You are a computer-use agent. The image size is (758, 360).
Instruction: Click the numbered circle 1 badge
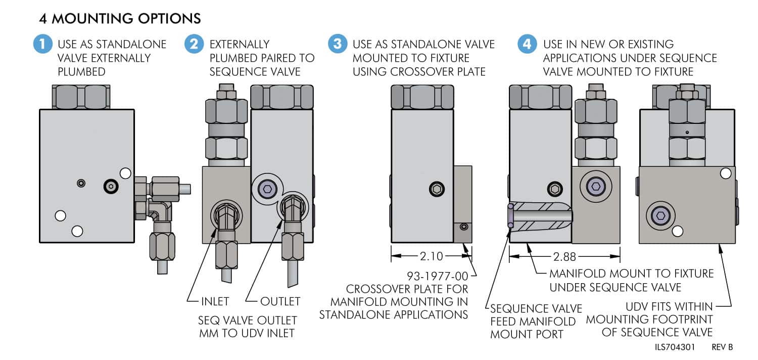[42, 44]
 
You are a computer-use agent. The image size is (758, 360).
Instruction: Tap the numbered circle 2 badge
[194, 44]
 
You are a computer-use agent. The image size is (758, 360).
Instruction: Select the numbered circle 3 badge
[337, 44]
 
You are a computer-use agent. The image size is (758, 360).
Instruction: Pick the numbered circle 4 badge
[527, 44]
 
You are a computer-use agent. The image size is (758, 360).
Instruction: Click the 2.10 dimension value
[432, 256]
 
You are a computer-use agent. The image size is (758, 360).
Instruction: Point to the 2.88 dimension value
[564, 257]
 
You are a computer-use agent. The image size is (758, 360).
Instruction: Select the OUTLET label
[280, 301]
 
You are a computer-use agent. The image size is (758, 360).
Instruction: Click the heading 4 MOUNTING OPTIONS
[120, 19]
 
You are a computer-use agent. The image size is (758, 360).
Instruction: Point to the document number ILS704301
[676, 347]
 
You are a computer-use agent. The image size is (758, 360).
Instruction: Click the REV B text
[722, 347]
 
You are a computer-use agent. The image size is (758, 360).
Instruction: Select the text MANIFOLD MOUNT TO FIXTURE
[632, 274]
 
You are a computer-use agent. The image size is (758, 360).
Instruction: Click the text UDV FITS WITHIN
[669, 306]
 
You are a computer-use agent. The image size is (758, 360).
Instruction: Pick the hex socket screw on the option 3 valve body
[437, 189]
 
